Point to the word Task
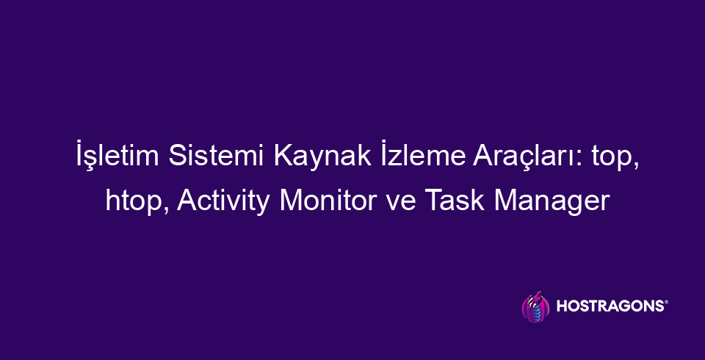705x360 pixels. click(454, 200)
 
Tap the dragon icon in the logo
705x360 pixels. click(535, 306)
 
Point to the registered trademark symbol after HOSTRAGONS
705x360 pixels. click(666, 303)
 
